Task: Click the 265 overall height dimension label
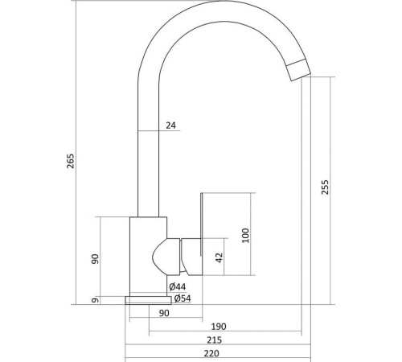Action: (71, 161)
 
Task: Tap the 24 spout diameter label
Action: (170, 125)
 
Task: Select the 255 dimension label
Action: (325, 187)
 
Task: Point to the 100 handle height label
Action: (245, 236)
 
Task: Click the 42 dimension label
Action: (219, 257)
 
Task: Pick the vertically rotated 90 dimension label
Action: (95, 259)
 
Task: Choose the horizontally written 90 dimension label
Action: (164, 313)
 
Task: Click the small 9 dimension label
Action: (95, 300)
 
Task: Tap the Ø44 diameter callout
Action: (177, 286)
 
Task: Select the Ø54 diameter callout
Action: (183, 298)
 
